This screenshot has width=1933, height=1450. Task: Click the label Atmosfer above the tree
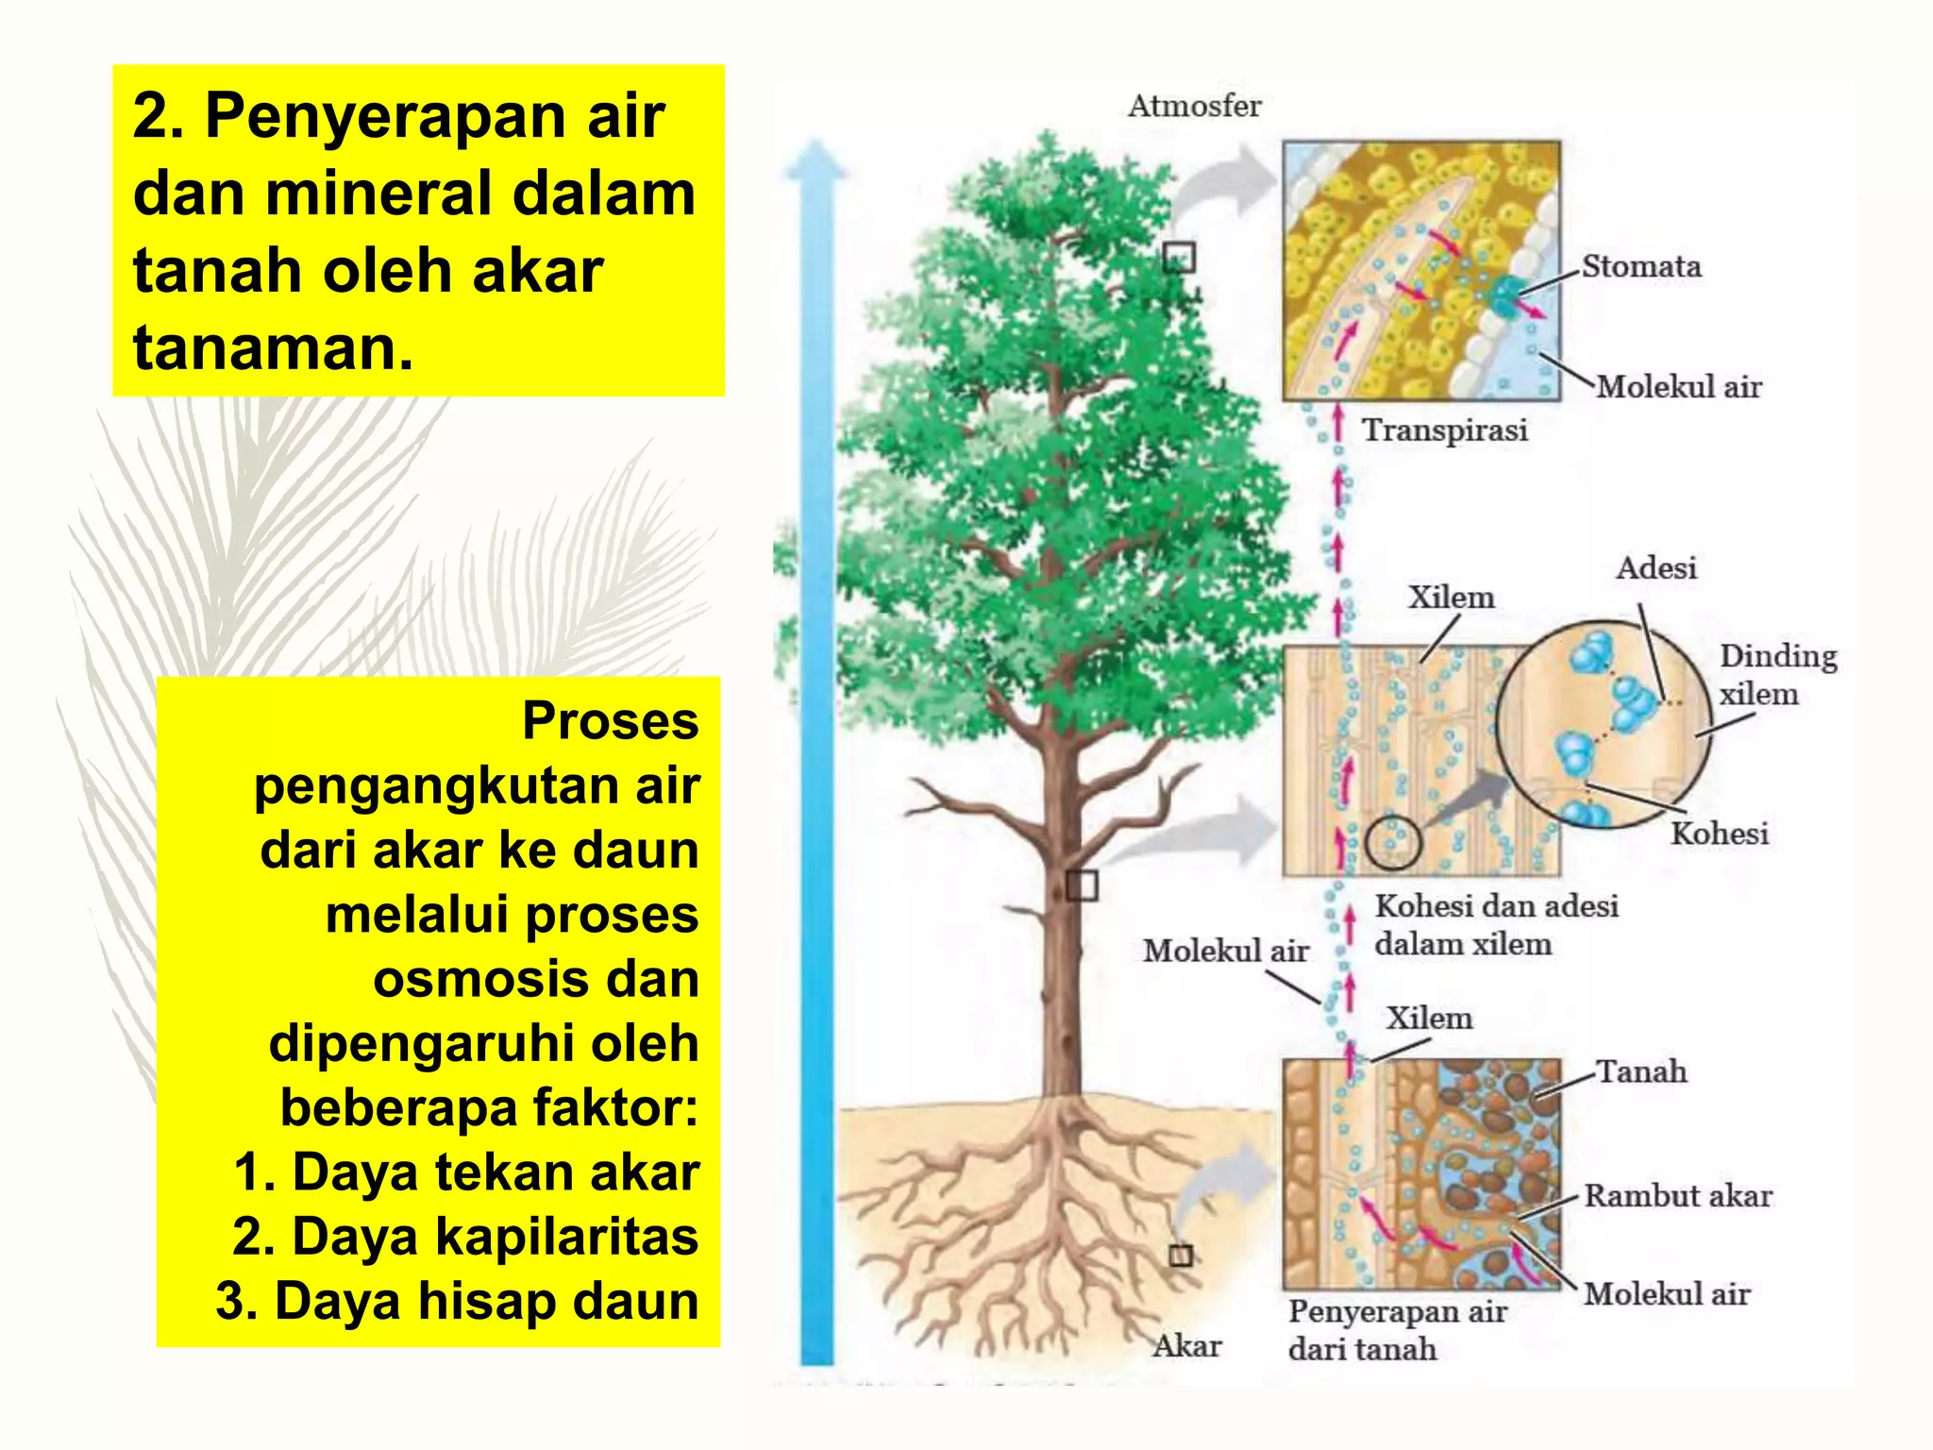(1194, 106)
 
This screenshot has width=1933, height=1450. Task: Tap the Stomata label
(1641, 266)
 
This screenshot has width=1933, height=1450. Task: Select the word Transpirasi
(1444, 430)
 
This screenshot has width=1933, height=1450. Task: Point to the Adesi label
(1656, 568)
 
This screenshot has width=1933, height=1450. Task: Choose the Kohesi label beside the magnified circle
(1719, 834)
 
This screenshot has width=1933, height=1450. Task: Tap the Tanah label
(1640, 1071)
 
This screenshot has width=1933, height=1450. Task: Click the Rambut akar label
(1677, 1196)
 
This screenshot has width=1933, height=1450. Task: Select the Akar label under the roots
(1186, 1345)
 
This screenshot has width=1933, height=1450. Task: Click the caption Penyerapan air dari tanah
(1397, 1330)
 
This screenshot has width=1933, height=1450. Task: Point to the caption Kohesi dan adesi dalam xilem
(1495, 925)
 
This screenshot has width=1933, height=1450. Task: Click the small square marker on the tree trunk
(1082, 885)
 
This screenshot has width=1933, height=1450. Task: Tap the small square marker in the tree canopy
(1179, 257)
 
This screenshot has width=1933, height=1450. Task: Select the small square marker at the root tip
(1181, 1255)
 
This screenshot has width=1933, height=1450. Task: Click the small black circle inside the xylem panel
(1393, 841)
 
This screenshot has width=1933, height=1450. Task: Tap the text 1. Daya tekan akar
(466, 1172)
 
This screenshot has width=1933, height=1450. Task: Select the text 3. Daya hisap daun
(457, 1301)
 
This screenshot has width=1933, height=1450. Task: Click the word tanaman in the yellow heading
(272, 348)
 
